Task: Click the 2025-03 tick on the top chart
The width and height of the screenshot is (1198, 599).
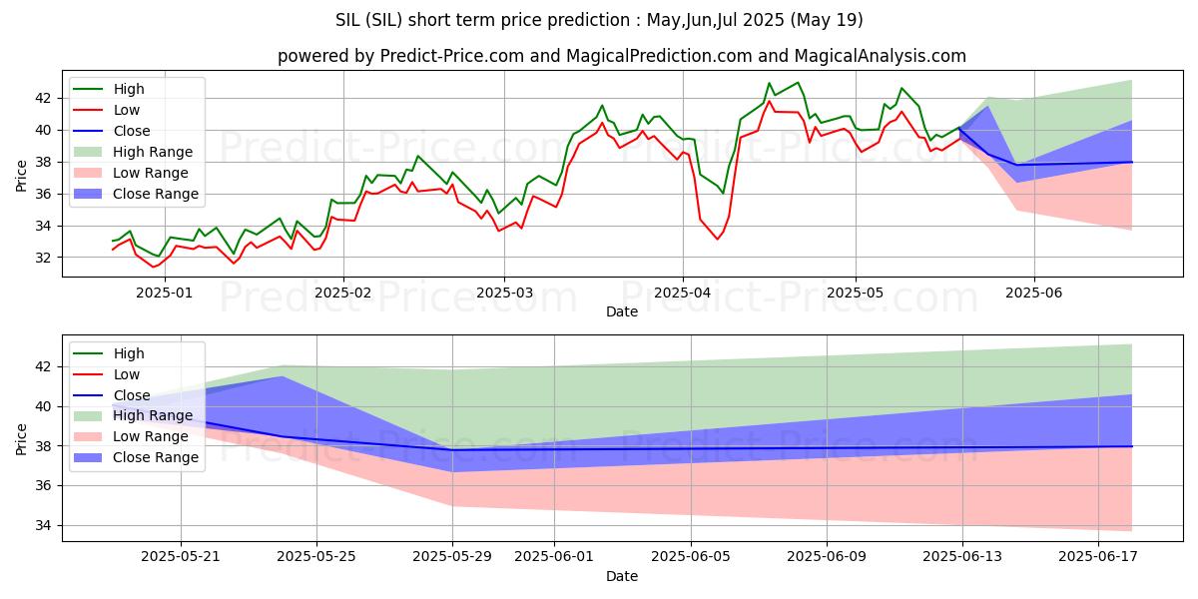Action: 503,293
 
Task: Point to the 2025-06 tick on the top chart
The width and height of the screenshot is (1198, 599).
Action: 1033,293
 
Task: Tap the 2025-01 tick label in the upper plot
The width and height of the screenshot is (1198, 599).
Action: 164,293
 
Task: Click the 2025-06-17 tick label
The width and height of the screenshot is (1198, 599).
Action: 1098,556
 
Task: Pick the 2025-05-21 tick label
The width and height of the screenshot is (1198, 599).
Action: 181,556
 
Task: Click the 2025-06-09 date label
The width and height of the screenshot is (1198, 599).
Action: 827,556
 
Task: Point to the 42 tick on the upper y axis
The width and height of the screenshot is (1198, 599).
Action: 44,98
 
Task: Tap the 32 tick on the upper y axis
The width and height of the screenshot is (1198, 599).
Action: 44,258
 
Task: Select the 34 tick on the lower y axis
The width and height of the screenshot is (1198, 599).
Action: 44,525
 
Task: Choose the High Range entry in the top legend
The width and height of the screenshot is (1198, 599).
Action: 153,152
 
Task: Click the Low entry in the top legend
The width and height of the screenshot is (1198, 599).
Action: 127,110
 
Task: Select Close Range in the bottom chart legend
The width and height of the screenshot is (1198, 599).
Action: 156,457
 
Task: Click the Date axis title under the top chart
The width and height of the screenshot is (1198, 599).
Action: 621,311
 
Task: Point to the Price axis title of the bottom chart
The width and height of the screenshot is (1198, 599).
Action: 22,438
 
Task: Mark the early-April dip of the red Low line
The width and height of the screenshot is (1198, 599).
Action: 717,240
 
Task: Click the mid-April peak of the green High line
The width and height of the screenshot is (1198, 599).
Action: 769,83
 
